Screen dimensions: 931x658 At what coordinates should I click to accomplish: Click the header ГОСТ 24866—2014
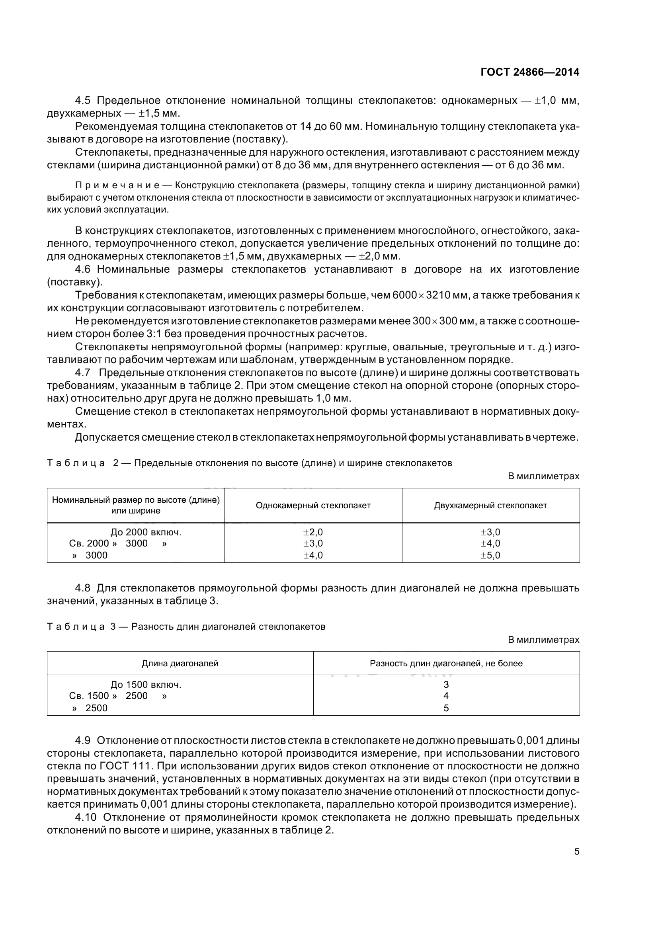point(529,72)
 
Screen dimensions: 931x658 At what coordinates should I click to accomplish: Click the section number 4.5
point(83,101)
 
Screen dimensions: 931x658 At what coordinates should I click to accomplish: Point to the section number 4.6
point(83,269)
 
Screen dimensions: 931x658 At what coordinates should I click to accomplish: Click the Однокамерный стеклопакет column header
point(313,505)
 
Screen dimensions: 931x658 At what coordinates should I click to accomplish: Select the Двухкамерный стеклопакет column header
point(490,505)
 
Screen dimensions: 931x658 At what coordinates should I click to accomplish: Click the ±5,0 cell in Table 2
point(490,555)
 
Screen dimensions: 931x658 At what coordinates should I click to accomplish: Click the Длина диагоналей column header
point(180,664)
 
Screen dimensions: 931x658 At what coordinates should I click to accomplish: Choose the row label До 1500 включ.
point(146,685)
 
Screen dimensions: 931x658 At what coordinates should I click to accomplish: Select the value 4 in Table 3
point(446,696)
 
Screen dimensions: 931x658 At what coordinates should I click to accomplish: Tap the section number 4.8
point(83,588)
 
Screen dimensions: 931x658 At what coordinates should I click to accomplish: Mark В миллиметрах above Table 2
point(543,476)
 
